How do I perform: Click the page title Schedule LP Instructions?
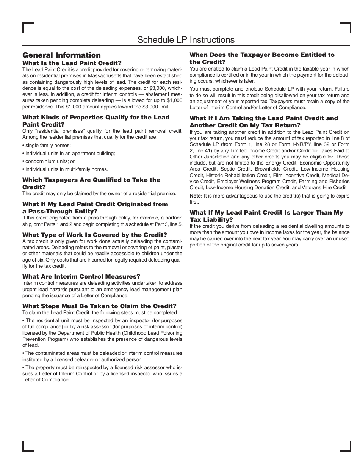186,40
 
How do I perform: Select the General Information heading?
61,55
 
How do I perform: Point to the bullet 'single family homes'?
48,145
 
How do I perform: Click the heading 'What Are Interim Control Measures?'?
81,277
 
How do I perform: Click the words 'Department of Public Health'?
72,333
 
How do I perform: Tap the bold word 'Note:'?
196,196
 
